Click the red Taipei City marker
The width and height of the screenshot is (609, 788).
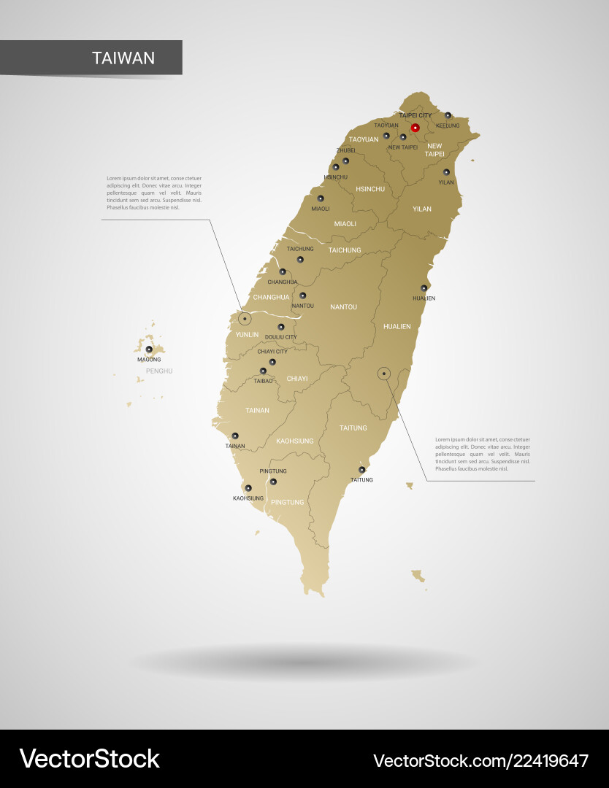coord(415,128)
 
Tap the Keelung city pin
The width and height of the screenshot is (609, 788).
coord(448,115)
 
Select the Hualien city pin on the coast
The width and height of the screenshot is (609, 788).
coord(424,288)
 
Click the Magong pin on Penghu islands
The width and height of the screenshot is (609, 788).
coord(149,349)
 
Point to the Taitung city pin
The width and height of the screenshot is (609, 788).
coord(361,470)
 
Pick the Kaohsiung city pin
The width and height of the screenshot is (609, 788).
coord(248,488)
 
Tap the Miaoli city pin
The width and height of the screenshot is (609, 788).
coord(320,198)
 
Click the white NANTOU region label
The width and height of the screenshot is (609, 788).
coord(343,307)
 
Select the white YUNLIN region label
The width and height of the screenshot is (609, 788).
coord(246,335)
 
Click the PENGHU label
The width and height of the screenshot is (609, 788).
coord(158,371)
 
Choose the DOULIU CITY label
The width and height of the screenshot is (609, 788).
coord(281,337)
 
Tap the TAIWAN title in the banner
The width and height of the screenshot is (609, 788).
coord(123,58)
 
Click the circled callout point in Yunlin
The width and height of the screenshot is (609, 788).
coord(245,319)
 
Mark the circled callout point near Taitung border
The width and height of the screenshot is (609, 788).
coord(383,374)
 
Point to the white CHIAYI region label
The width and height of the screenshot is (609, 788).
coord(297,379)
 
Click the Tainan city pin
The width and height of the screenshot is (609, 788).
coord(235,436)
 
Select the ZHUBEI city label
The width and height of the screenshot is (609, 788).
coord(345,150)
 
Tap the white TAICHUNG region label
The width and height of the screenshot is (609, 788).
coord(345,250)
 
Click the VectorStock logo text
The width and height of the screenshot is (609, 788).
coord(89,759)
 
